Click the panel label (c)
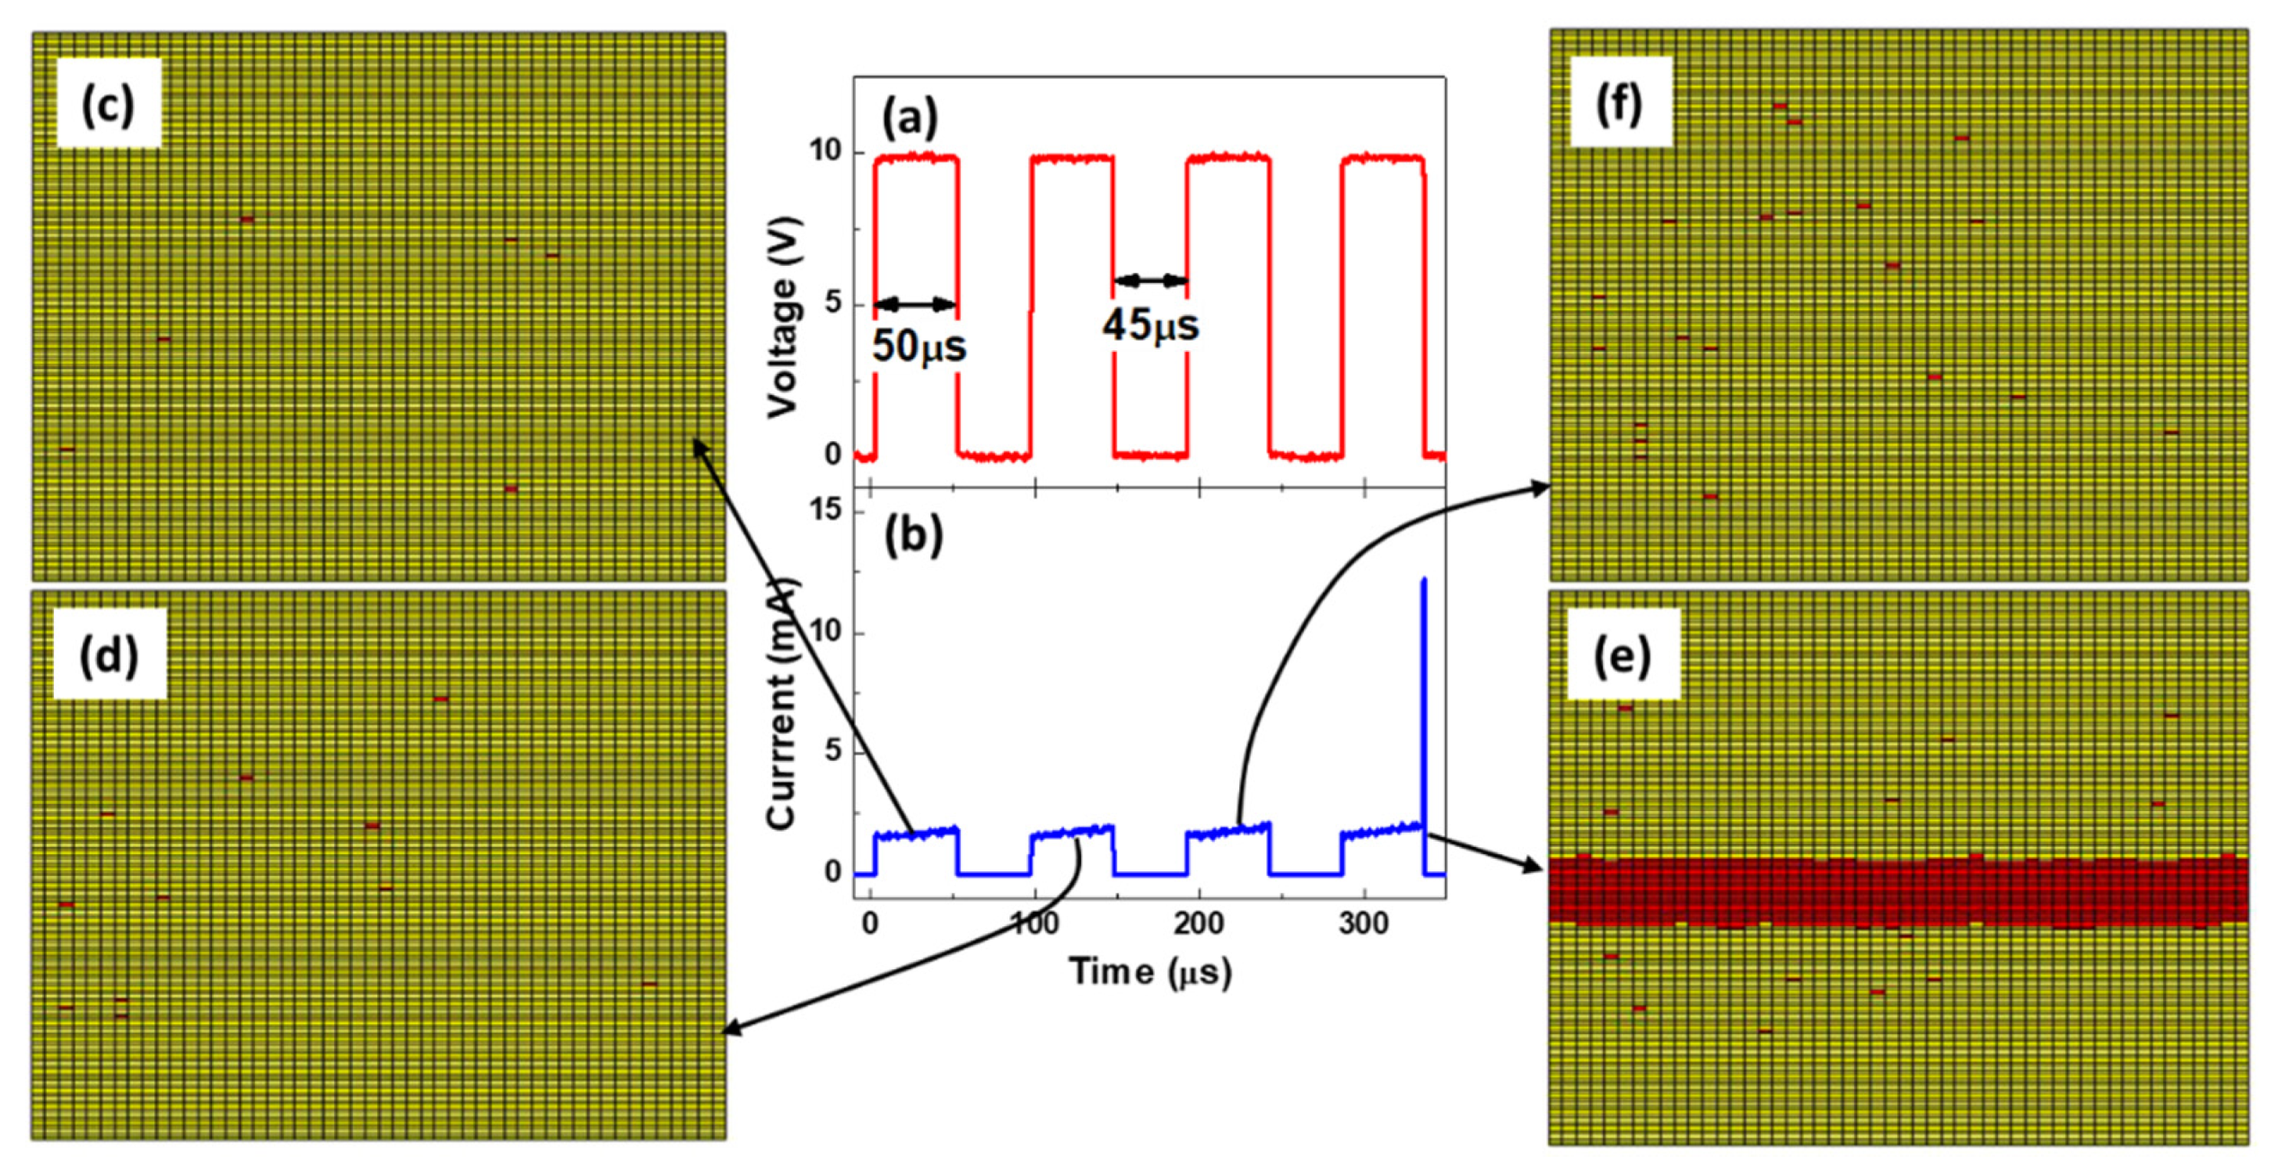109,104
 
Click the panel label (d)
109,656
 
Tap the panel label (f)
1619,103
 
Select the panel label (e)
1622,656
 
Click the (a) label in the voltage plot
910,118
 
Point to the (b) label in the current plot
913,535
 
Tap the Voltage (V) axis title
783,316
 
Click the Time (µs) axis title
1149,972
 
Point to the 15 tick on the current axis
824,510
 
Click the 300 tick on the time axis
1363,924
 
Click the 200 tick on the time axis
1199,924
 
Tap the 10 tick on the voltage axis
824,151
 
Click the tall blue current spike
1423,701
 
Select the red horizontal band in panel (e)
1897,891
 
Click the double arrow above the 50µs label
915,305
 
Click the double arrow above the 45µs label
1150,281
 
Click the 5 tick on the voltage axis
832,303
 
